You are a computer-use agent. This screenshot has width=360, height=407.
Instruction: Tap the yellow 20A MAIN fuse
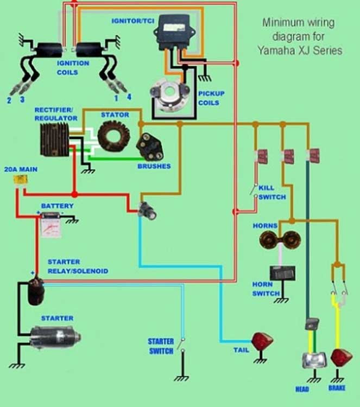click(x=22, y=181)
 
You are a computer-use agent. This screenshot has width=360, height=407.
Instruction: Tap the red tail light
click(x=262, y=342)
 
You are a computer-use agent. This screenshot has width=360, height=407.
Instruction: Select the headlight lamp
click(x=313, y=360)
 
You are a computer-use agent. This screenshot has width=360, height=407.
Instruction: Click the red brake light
click(x=341, y=358)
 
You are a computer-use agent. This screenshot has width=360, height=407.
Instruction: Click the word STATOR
click(x=115, y=115)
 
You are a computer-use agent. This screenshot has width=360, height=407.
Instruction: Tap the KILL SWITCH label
click(x=271, y=192)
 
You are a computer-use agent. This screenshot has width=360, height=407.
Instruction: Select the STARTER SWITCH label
click(x=161, y=346)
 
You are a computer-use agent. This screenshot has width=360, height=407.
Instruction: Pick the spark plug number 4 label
click(x=129, y=98)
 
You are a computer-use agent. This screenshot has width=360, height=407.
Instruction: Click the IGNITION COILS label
click(x=73, y=68)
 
